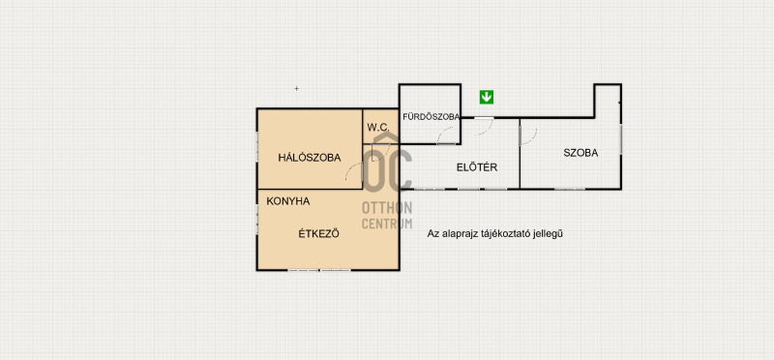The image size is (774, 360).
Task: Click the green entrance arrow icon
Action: pyautogui.click(x=487, y=98)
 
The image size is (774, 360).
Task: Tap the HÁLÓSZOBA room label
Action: pyautogui.click(x=310, y=158)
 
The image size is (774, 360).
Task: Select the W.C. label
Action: pyautogui.click(x=378, y=127)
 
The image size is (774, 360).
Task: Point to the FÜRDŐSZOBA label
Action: pyautogui.click(x=432, y=117)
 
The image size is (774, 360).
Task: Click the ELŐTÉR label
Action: pyautogui.click(x=477, y=167)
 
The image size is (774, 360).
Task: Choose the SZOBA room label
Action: pyautogui.click(x=580, y=153)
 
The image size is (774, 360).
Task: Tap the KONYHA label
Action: pyautogui.click(x=287, y=201)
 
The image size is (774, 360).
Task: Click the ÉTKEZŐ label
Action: pyautogui.click(x=319, y=234)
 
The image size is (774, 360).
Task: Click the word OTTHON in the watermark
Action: pyautogui.click(x=387, y=207)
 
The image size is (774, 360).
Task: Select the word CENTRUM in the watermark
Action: pyautogui.click(x=387, y=224)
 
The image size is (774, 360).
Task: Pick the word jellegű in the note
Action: pyautogui.click(x=548, y=234)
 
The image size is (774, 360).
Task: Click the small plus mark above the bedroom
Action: pyautogui.click(x=297, y=89)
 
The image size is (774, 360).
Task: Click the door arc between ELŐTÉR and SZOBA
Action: pyautogui.click(x=533, y=138)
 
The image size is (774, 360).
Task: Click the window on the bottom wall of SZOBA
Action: pyautogui.click(x=569, y=189)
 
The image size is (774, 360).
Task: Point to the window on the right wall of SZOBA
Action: pyautogui.click(x=620, y=138)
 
